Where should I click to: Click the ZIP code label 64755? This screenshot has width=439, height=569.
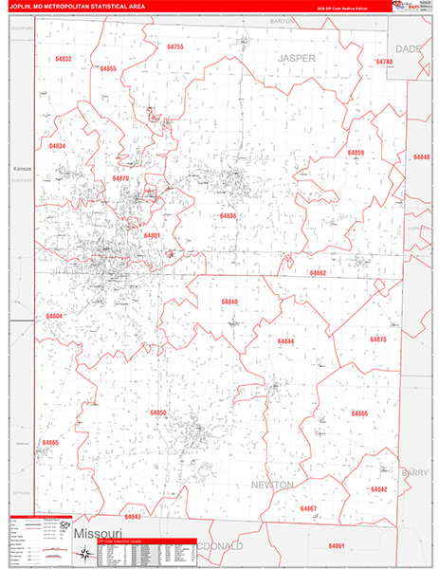point(174,46)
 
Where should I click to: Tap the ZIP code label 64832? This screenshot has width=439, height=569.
point(64,59)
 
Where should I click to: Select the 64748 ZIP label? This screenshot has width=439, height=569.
point(384,62)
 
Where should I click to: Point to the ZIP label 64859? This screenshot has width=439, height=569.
point(356,153)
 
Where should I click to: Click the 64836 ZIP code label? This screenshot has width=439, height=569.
point(228,216)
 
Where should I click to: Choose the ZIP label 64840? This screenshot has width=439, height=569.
point(229,302)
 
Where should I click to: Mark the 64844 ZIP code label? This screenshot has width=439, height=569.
point(285,340)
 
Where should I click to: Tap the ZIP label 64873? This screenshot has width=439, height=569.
point(378,339)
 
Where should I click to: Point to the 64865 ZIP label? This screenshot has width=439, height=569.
point(50,443)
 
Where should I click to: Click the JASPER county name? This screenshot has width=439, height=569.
point(296,58)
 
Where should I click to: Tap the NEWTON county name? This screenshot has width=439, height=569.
point(273,485)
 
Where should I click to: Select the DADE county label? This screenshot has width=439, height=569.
point(409,47)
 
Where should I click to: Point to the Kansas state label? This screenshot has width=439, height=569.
point(22,169)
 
